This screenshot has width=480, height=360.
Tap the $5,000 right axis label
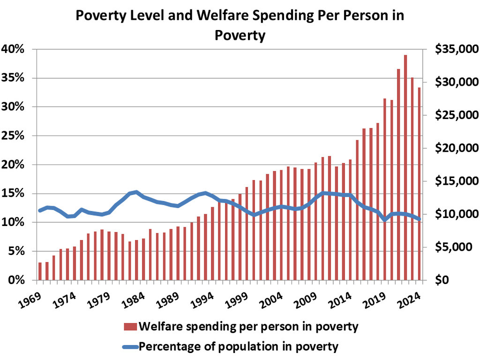pos(452,247)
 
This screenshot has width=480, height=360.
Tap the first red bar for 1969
pos(40,271)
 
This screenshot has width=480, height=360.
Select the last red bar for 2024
pos(419,184)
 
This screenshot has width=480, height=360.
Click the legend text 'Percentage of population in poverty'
pos(239,347)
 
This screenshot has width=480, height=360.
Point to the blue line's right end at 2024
pos(419,219)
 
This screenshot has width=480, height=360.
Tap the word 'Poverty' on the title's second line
pos(240,35)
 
